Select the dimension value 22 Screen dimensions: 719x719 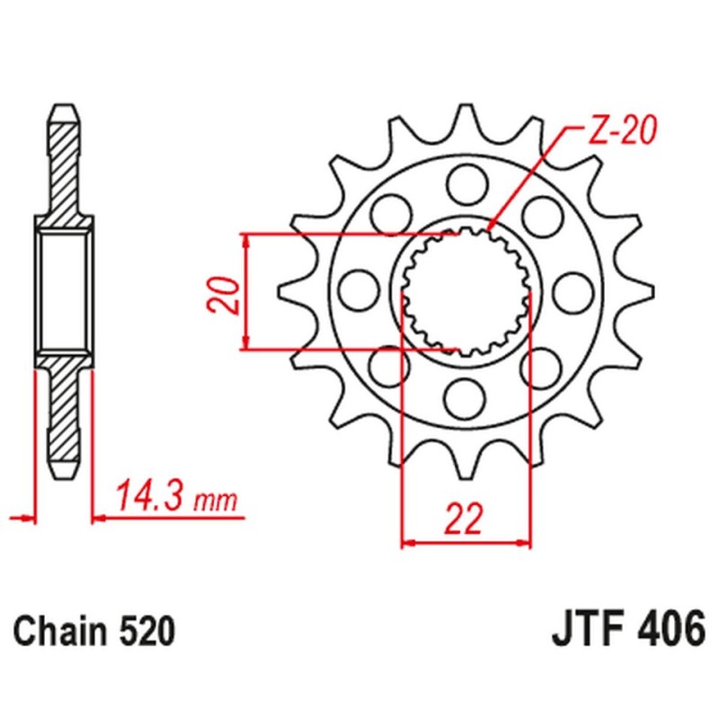[465, 519]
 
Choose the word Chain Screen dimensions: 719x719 [58, 631]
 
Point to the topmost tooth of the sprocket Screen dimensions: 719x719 [465, 115]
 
